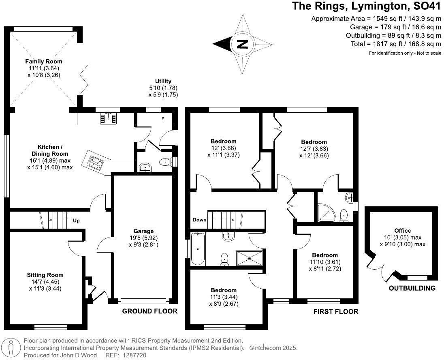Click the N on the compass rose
coord(242,44)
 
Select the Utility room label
coord(163,81)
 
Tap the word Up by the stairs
coord(76,221)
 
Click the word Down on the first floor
coord(199,220)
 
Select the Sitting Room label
coord(45,275)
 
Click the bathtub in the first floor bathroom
coord(198,248)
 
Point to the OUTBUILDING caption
coord(412,288)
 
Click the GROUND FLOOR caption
coord(150,311)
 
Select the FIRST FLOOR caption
coord(336,311)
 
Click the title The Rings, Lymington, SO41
coord(367,6)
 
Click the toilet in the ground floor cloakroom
coord(165,162)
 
